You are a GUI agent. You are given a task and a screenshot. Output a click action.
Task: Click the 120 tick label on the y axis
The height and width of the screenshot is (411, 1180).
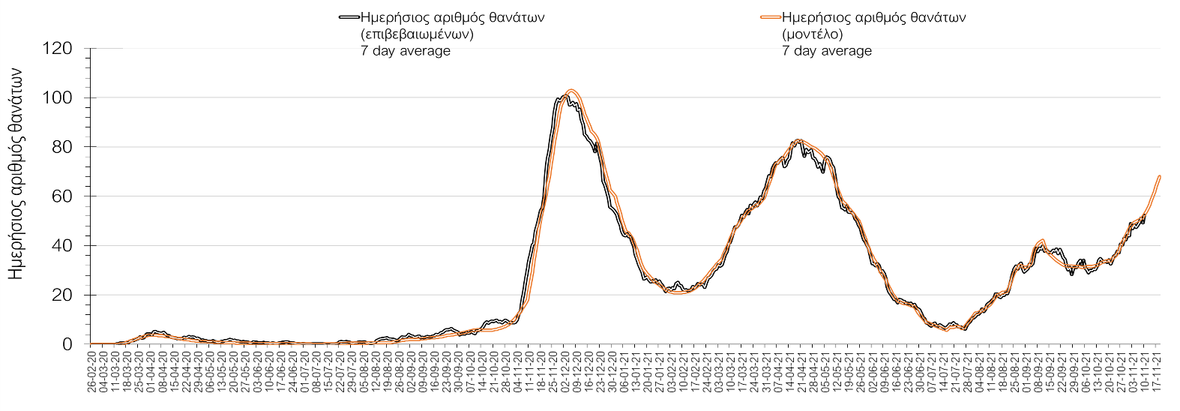coord(58,49)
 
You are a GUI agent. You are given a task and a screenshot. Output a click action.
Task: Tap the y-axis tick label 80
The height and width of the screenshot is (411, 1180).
coord(63,147)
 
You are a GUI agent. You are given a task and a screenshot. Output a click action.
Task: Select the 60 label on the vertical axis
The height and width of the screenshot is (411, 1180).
coord(63,196)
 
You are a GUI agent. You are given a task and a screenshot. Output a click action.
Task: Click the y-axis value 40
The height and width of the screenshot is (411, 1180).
coord(63,246)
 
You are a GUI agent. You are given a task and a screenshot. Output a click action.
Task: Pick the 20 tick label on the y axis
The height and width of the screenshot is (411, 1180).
coord(63,295)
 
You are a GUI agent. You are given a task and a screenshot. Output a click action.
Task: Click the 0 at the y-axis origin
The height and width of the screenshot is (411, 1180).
coord(67,344)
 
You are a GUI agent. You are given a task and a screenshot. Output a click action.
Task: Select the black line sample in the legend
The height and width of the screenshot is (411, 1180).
coord(349,16)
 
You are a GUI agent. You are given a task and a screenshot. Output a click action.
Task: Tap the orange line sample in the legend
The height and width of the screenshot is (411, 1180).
coord(770,16)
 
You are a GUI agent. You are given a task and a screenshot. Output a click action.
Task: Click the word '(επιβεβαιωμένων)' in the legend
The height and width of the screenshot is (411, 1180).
coord(417,34)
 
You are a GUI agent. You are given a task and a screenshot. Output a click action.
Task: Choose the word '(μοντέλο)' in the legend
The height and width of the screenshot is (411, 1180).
coord(813,34)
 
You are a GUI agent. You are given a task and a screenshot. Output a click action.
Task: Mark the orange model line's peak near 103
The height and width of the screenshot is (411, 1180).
coord(571,91)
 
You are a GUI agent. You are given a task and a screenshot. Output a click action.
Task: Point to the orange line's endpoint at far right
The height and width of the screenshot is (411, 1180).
coord(1160,176)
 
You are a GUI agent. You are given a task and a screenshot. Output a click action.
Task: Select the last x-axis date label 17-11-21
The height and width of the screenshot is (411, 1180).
coord(1159,367)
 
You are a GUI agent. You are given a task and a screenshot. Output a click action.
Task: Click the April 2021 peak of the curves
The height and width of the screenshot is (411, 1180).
coord(799,140)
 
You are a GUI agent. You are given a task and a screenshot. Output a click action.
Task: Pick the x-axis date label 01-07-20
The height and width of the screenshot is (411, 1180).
coord(304,367)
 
